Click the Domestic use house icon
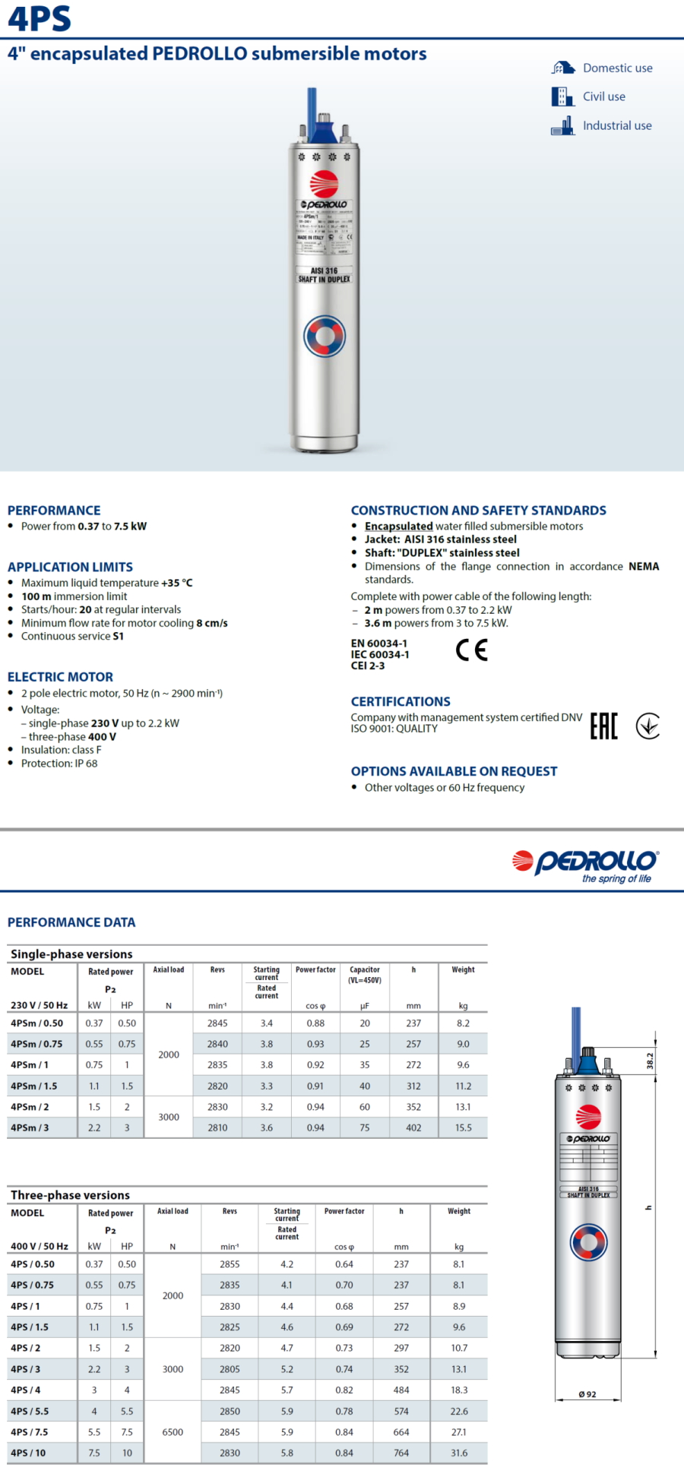point(562,68)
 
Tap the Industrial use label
point(617,125)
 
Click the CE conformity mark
point(472,650)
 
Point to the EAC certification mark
point(604,726)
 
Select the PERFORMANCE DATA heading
point(71,922)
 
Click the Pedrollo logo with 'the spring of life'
point(585,865)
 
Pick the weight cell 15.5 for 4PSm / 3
point(463,1127)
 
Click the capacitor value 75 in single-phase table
point(365,1127)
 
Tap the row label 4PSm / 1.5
point(34,1086)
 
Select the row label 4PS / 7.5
point(30,1431)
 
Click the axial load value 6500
point(173,1431)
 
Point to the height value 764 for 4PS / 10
point(401,1453)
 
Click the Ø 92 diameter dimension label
point(587,1394)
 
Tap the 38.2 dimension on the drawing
point(650,1060)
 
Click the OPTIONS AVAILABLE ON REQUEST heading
point(454,771)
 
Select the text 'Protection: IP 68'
point(59,764)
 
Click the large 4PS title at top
point(40,19)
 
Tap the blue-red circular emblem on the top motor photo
point(325,336)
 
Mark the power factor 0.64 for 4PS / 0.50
point(344,1264)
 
